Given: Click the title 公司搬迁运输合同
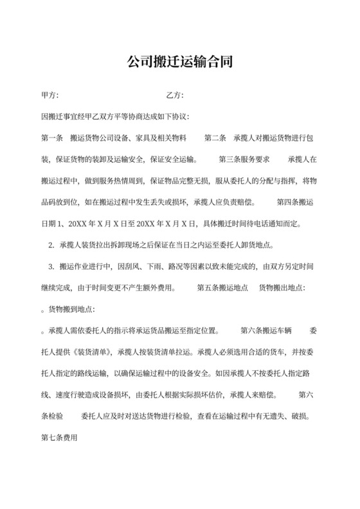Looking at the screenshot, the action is tap(179, 62).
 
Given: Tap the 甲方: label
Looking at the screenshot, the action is tap(50, 96).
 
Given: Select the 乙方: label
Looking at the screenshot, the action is tap(175, 96).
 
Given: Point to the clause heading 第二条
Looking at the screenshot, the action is tap(215, 138).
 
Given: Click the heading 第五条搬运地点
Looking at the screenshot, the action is tap(222, 288).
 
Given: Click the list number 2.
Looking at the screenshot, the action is tap(51, 246).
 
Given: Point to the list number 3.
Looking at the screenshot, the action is tap(51, 267).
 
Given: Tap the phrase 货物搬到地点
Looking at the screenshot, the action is tap(70, 309).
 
